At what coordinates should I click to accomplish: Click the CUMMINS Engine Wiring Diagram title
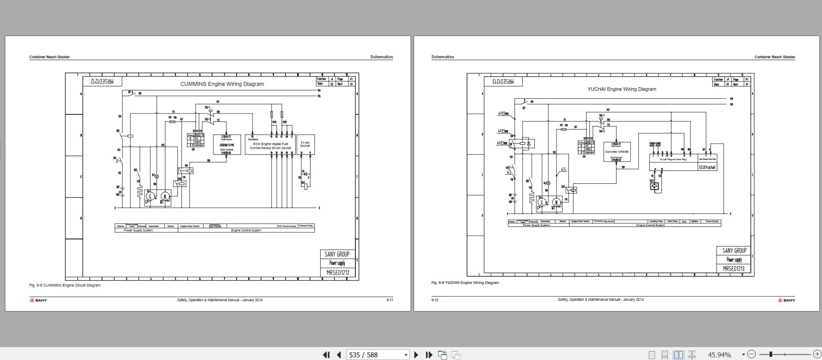coord(222,84)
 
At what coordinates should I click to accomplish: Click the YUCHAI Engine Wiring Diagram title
coord(621,89)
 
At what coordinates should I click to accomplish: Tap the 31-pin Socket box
coord(305,144)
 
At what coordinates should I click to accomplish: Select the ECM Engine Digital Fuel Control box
coord(270,146)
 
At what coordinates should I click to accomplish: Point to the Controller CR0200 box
coord(616,152)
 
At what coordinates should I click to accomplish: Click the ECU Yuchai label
coord(707,167)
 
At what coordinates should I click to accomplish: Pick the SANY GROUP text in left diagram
coord(337,254)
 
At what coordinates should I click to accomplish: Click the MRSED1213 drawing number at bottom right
coord(733,269)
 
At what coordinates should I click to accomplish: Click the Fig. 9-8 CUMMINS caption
coord(65,285)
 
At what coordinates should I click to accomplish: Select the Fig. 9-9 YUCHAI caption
coord(465,283)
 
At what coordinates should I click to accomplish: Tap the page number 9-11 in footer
coord(389,300)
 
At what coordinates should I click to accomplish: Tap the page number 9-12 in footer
coord(435,300)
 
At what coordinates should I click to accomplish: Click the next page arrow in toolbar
coord(416,355)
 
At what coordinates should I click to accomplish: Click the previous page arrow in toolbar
coord(339,355)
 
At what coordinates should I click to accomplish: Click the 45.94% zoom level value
coord(719,355)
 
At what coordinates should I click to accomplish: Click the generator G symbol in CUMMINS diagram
coord(150,196)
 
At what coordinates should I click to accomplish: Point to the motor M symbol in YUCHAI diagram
coord(556,202)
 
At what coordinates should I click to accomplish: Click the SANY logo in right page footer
coord(786,300)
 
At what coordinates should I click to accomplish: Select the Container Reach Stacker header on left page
coord(49,57)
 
